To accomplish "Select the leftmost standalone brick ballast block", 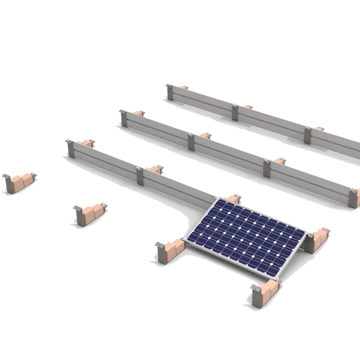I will [x=20, y=182].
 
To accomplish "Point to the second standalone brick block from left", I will [x=92, y=214].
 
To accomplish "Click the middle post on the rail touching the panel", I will [x=140, y=176].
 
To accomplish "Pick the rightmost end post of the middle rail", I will [x=354, y=198].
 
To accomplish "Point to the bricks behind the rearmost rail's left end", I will [x=183, y=87].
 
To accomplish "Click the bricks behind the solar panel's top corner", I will [x=233, y=199].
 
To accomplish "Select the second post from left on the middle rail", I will [x=191, y=142].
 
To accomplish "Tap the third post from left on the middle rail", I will [x=267, y=168].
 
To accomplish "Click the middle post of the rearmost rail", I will [x=235, y=113].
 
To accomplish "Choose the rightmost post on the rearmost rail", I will [x=308, y=135].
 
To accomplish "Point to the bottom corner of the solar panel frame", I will [x=277, y=278].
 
